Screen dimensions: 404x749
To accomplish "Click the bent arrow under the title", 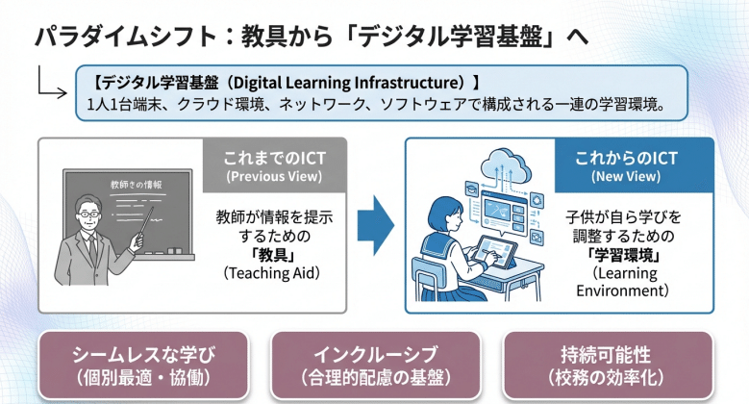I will click(x=50, y=85).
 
